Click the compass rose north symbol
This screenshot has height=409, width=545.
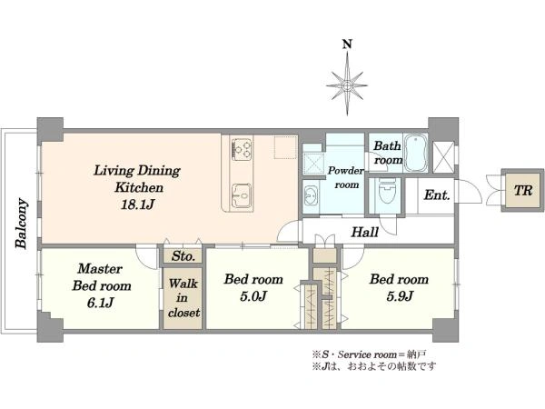pos(347,85)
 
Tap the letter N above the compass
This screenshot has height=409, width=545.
pos(347,45)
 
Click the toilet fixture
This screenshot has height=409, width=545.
pos(387,191)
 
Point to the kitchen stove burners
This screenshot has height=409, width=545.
pos(241,150)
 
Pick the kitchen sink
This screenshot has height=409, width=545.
pos(242,195)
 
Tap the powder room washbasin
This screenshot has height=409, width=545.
pos(310,196)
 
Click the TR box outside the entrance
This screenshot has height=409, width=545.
pos(523,191)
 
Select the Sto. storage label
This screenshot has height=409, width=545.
pos(183,256)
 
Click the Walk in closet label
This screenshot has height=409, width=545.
pos(183,298)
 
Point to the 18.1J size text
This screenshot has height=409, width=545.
pos(138,204)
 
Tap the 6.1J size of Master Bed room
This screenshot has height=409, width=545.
pos(100,303)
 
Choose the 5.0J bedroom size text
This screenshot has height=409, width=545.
pos(253,296)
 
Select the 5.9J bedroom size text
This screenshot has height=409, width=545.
pos(400,296)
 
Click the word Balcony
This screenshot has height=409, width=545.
pos(21,223)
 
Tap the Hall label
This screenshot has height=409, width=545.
pos(364,232)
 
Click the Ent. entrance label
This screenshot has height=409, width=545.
pos(437,195)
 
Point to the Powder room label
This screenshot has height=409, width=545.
pos(346,177)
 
